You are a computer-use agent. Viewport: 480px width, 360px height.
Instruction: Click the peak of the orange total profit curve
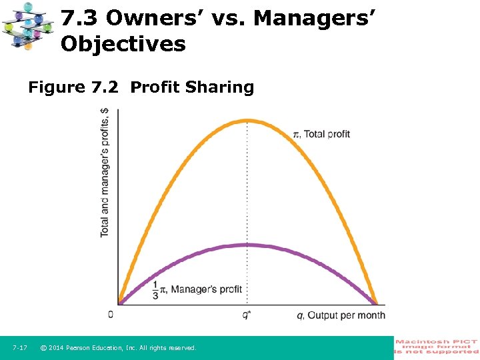[x=247, y=121]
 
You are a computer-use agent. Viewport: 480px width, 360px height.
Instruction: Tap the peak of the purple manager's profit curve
[x=247, y=245]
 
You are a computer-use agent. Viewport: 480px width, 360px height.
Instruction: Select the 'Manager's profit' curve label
[x=206, y=289]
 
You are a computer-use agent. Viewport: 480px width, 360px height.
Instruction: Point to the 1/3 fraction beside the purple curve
[x=155, y=289]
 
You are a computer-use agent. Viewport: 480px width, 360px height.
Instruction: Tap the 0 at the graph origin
[x=111, y=315]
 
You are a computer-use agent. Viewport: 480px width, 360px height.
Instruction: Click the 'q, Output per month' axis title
[x=341, y=315]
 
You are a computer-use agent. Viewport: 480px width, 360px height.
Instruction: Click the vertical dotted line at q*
[x=247, y=200]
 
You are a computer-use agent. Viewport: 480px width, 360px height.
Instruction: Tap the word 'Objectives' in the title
[x=123, y=44]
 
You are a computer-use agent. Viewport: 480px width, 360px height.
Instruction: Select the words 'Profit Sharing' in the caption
[x=192, y=87]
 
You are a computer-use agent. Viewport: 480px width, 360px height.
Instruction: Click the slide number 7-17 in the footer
[x=19, y=348]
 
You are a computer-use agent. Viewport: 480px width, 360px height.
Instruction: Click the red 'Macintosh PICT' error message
[x=437, y=347]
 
